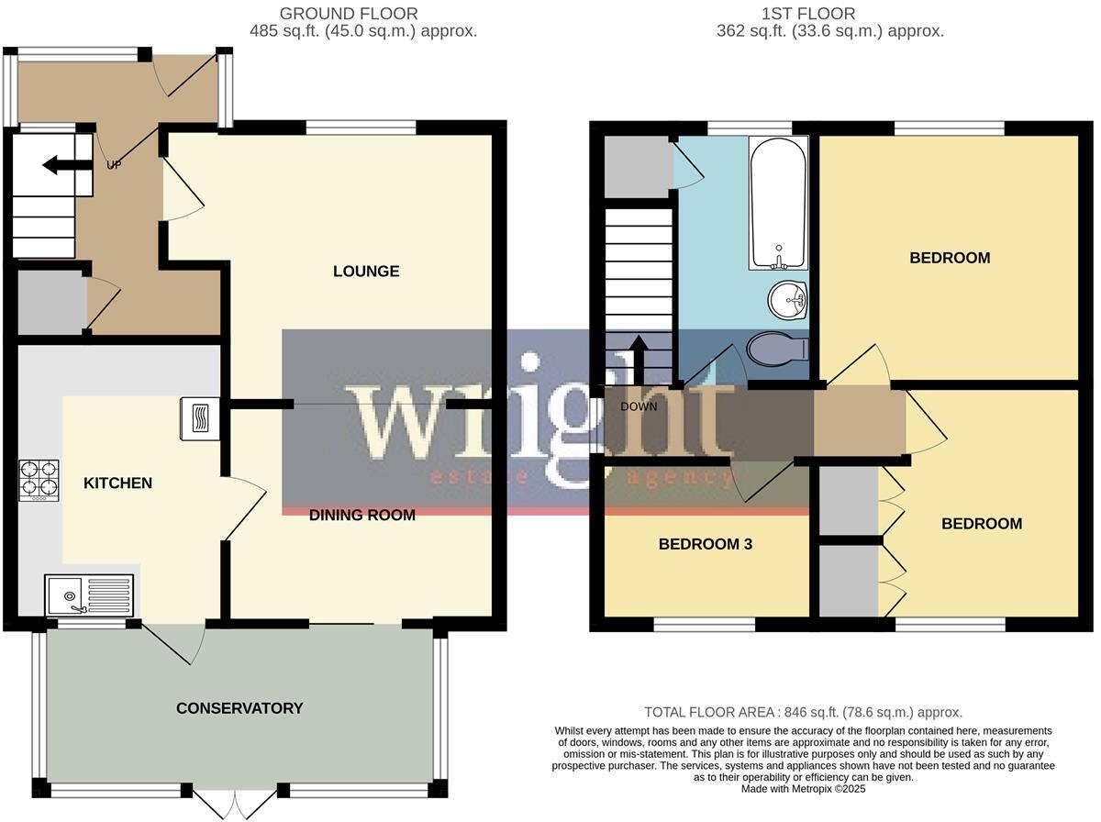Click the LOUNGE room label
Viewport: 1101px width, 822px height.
366,272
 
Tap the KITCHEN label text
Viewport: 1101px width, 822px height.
118,483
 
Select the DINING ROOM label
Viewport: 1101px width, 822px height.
361,516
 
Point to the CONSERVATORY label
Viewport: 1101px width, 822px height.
239,708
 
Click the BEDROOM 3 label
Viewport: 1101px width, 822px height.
706,544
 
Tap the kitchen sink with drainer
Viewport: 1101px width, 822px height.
89,594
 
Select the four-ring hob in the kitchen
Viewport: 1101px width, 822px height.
39,480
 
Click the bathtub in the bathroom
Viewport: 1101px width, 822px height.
778,204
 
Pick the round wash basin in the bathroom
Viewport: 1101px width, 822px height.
786,297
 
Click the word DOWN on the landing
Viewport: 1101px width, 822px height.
639,406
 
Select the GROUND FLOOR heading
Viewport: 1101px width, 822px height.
349,14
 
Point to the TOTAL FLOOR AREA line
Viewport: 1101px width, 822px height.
803,712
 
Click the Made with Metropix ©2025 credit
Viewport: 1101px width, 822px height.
803,788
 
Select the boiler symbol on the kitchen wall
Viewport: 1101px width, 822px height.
200,418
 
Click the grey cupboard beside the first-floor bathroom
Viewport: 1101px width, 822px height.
638,167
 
